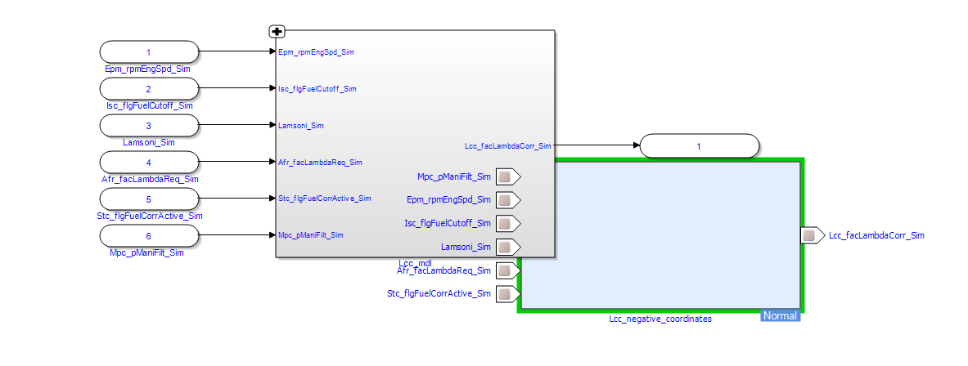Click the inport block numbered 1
[x=149, y=52]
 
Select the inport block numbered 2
[x=149, y=89]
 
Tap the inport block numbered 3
[x=149, y=126]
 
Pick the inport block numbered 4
[x=149, y=162]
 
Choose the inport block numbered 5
[x=149, y=199]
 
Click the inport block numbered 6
[x=149, y=236]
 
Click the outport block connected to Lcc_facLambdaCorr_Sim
[x=699, y=146]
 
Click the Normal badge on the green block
[x=779, y=315]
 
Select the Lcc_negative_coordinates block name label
[x=660, y=319]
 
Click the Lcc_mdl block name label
[x=415, y=263]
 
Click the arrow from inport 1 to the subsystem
[x=237, y=52]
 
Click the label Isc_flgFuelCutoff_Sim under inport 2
[x=149, y=105]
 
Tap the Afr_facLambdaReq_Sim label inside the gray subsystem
[x=320, y=163]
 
